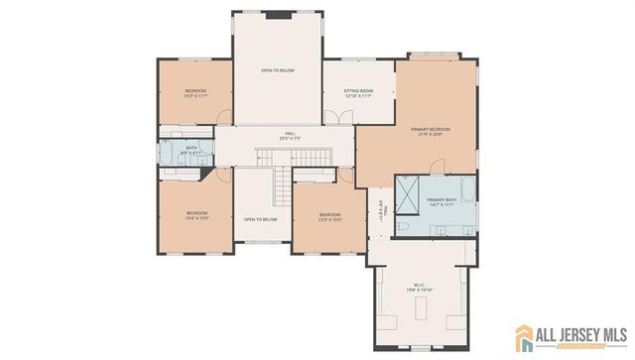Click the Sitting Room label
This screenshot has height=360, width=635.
click(x=358, y=93)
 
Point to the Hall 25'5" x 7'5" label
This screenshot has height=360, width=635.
click(x=291, y=136)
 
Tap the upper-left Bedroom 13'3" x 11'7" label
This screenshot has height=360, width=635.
click(x=194, y=94)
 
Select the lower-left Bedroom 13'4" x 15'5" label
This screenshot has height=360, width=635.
click(x=197, y=215)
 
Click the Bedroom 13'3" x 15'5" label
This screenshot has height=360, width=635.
click(x=329, y=217)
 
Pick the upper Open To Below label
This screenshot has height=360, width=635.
click(x=277, y=71)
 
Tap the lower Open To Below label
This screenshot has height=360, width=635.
click(x=260, y=219)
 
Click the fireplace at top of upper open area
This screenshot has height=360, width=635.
click(x=278, y=15)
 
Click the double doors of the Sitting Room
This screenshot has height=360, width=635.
click(x=343, y=119)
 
